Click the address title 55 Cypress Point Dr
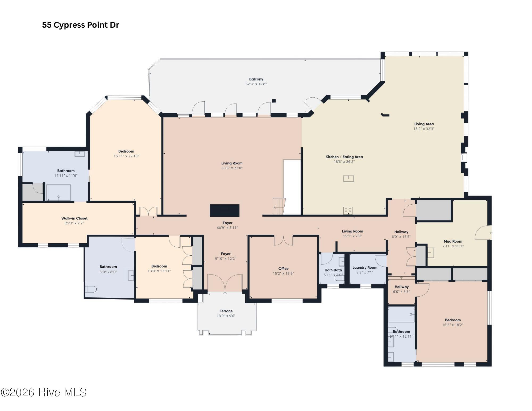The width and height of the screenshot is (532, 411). click(81, 25)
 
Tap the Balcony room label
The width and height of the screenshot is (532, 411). click(256, 79)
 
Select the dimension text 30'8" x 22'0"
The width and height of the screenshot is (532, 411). click(232, 168)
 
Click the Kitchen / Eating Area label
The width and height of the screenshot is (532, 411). click(344, 157)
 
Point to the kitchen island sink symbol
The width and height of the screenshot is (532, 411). click(348, 179)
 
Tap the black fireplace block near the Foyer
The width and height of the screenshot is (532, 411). click(225, 210)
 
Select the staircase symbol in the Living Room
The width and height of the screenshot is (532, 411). click(279, 206)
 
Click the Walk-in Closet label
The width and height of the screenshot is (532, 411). click(74, 218)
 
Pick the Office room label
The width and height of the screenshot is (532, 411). click(283, 269)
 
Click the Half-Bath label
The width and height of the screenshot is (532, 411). click(333, 270)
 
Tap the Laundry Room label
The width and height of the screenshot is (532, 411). click(365, 268)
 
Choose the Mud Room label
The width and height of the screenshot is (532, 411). click(453, 242)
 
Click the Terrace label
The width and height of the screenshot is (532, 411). click(226, 311)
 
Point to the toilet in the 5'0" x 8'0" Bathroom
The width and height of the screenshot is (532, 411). click(90, 289)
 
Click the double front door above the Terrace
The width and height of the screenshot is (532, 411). click(225, 283)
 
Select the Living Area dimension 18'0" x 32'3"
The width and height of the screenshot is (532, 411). click(424, 129)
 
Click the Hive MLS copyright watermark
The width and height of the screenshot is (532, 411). click(44, 393)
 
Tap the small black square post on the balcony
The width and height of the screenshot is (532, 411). click(273, 101)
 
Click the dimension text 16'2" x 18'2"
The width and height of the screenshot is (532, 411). click(453, 325)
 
